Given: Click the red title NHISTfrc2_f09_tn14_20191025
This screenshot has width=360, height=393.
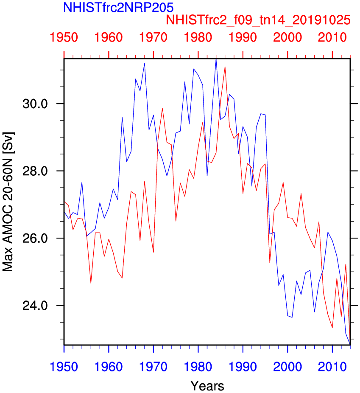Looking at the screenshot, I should coord(258,20).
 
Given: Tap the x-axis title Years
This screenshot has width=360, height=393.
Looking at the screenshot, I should coord(207,386).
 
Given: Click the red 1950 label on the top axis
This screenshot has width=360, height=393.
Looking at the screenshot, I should coord(64,38).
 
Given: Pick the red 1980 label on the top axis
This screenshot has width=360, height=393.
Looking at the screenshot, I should coord(198,38).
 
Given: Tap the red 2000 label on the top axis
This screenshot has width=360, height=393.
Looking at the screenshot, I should coord(287,38).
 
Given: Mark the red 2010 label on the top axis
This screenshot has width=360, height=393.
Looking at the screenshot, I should coord(332,38).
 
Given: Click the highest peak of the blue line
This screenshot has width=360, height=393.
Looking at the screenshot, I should coord(216,59).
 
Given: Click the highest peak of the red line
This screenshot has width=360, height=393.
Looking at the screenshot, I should coord(225,67).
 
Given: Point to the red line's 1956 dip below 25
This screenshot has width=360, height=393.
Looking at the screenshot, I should coord(91,283).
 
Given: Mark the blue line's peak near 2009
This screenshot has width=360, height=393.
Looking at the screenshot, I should coord(328,232).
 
